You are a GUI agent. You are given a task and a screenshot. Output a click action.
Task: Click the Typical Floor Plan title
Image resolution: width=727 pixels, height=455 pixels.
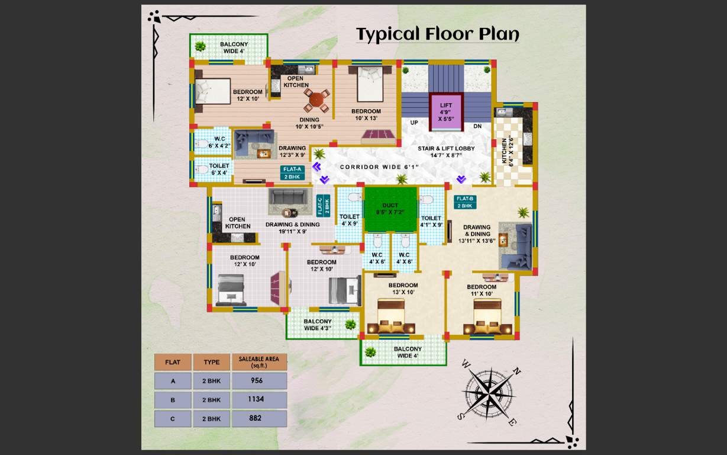437,35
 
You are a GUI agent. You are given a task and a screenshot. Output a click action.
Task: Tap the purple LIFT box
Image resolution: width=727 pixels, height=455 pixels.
445,112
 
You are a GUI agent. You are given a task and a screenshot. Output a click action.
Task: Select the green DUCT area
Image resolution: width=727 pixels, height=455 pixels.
390,210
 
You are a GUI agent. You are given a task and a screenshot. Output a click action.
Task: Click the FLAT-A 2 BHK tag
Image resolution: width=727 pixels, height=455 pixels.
293,172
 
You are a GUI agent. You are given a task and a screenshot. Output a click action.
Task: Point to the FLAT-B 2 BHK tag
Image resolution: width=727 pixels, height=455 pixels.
465,202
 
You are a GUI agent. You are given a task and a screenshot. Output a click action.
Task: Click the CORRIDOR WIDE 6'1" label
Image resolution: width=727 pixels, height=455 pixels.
379,167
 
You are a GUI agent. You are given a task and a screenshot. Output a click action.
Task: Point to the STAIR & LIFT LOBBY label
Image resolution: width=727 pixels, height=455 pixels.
446,152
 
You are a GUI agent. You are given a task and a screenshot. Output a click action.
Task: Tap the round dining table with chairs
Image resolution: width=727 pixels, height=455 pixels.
316,100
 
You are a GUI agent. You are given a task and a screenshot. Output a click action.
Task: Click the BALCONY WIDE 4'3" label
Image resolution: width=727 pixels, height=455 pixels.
318,325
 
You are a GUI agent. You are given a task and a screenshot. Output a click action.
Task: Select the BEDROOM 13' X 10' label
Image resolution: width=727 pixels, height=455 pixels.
403,289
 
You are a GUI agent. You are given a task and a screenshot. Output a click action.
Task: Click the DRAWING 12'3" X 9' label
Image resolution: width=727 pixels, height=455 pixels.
292,152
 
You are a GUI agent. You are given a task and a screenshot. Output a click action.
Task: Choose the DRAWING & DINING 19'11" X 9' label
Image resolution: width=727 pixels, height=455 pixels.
293,227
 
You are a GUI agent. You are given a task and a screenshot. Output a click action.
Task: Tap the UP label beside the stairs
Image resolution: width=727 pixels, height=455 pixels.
414,123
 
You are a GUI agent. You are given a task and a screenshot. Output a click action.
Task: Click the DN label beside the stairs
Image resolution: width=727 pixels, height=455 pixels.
477,126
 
